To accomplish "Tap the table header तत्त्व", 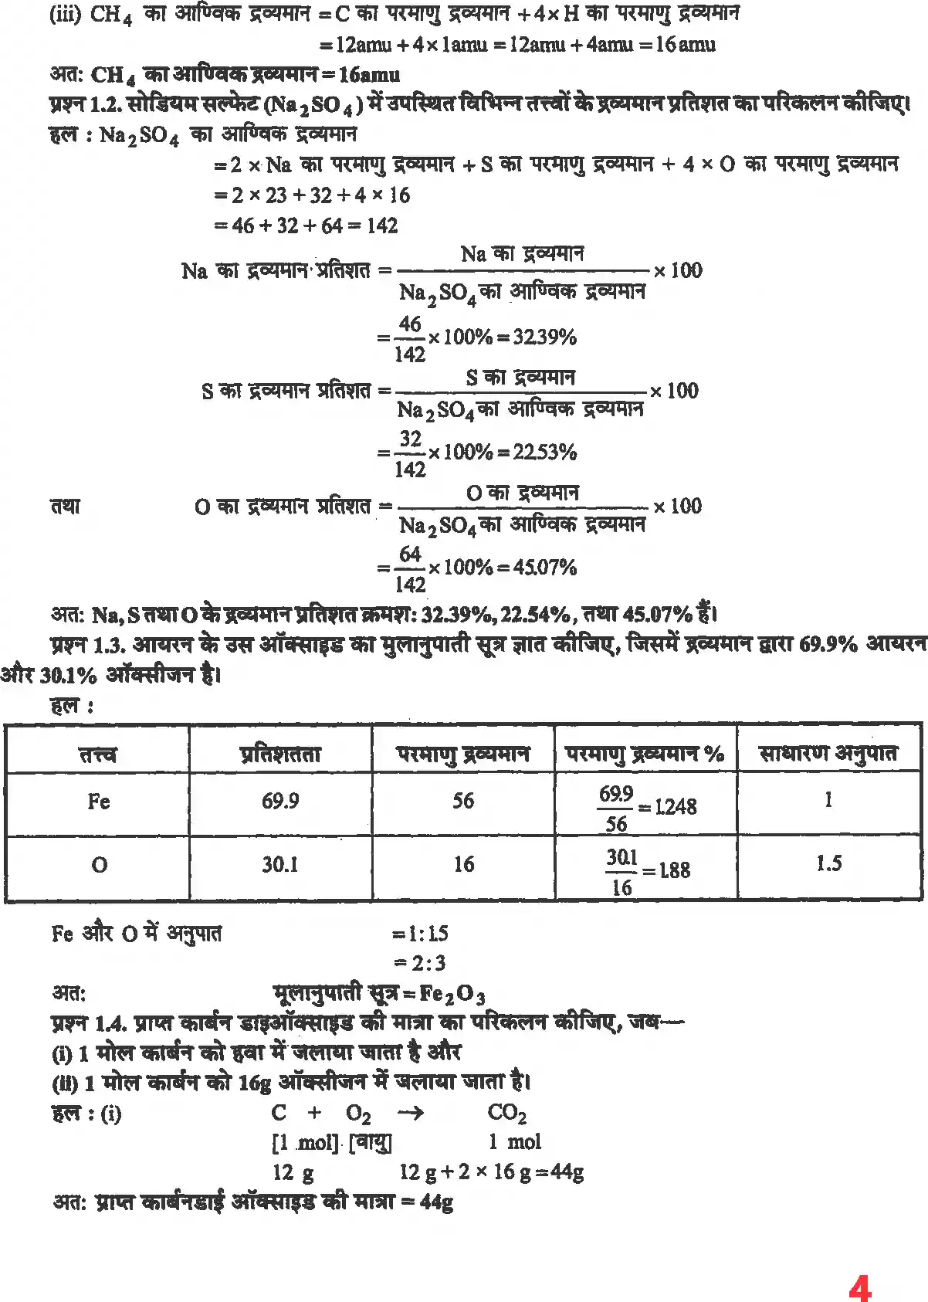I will point(98,753).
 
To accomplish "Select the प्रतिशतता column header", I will point(279,753).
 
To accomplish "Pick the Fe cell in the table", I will point(98,802).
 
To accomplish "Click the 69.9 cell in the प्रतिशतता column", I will point(279,802).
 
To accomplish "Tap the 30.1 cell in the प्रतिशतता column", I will point(279,864).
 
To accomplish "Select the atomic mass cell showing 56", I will point(463,801).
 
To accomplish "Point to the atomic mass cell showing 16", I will point(463,864).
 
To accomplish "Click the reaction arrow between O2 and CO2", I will point(409,1113).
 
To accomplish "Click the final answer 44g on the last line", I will point(435,1202).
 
